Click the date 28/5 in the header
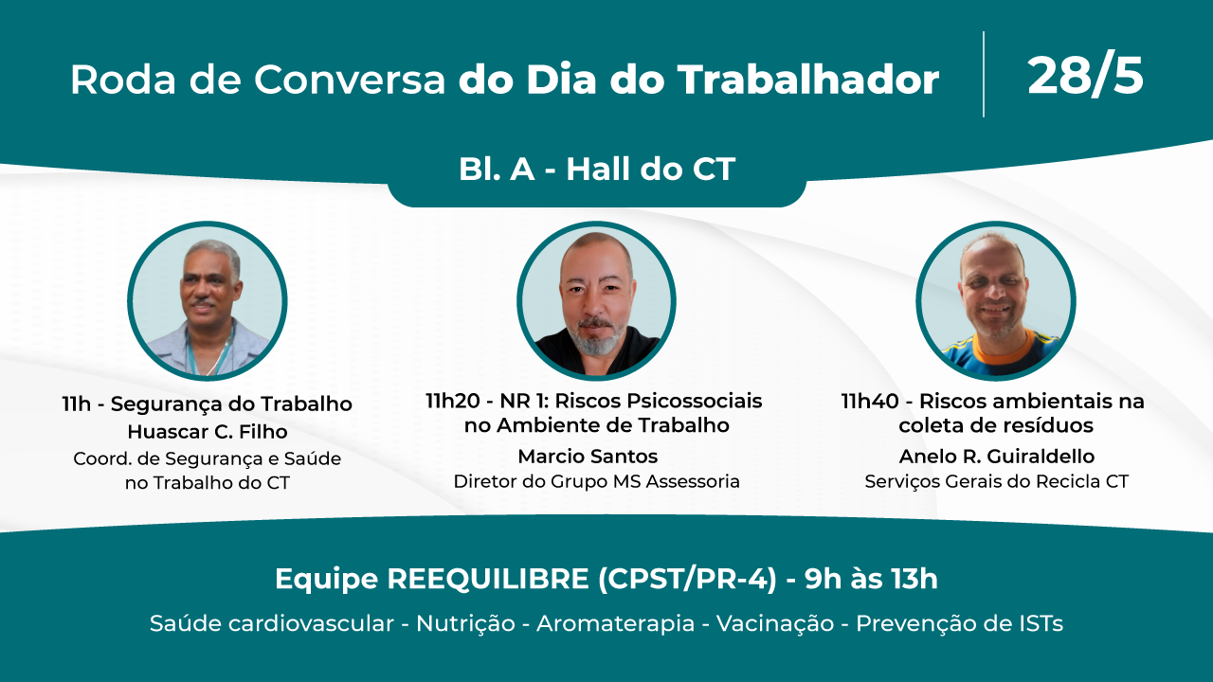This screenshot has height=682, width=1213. click(1085, 77)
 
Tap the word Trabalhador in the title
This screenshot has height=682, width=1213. click(808, 80)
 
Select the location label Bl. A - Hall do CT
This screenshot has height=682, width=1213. click(597, 169)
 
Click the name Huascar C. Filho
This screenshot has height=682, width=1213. click(208, 431)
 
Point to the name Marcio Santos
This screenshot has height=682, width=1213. click(588, 457)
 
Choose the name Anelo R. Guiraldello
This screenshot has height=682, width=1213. click(996, 457)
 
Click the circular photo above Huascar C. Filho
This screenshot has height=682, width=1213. click(208, 301)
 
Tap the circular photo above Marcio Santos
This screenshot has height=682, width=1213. click(596, 301)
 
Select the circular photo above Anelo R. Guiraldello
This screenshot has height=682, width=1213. click(996, 301)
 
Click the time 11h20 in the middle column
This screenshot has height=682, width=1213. click(453, 401)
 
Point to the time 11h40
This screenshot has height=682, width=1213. click(870, 401)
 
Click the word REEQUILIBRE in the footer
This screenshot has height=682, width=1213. click(488, 579)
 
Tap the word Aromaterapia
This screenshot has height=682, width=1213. click(616, 623)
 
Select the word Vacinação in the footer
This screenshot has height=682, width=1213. click(775, 623)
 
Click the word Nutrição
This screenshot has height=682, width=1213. click(465, 623)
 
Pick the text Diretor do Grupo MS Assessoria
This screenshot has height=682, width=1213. click(596, 481)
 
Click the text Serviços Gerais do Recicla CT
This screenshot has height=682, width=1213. click(996, 481)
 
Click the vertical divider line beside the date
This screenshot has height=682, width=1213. click(984, 74)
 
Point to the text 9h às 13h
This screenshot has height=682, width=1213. click(871, 579)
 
